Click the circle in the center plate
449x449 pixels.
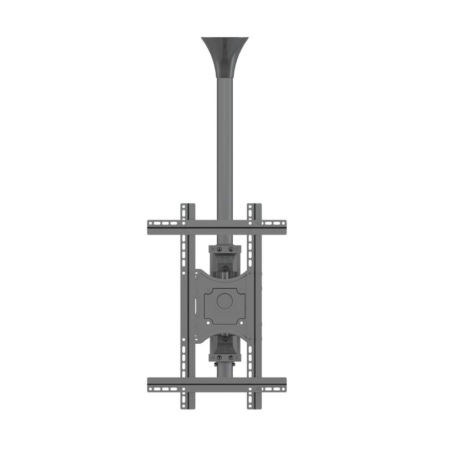tap(225, 301)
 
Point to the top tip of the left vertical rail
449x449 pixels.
tap(187, 206)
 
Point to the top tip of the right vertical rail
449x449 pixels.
tap(254, 206)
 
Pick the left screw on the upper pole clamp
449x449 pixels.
tap(214, 249)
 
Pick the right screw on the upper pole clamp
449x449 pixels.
tap(236, 249)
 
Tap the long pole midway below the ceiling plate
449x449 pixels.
tap(225, 144)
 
